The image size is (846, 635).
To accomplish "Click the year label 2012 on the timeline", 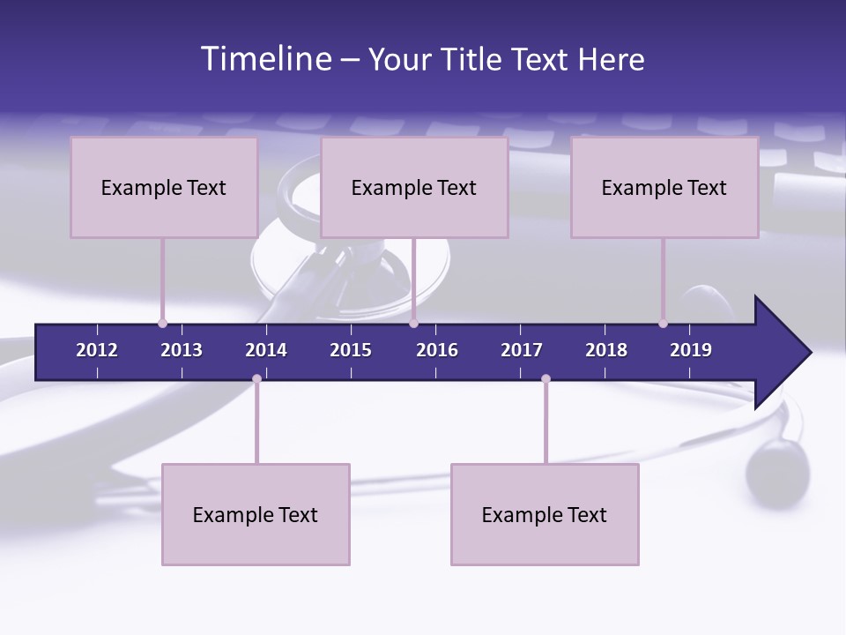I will [x=97, y=350].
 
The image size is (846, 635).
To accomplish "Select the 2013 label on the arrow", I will [x=182, y=350].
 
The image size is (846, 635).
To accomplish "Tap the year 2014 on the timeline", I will [x=266, y=350].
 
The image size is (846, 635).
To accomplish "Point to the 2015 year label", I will [x=351, y=350].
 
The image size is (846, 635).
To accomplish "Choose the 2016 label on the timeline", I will [x=437, y=350].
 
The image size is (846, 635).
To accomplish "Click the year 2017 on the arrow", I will [x=522, y=350].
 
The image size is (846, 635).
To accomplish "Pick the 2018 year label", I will [x=606, y=350].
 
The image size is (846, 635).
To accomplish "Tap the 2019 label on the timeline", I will [x=691, y=350].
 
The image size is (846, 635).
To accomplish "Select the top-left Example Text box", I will [x=164, y=187].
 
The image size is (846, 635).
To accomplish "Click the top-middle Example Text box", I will [x=414, y=187].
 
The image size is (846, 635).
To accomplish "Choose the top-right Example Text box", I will [x=664, y=187].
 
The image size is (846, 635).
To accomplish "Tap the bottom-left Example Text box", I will [x=256, y=514].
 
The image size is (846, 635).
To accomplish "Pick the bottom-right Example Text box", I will [x=545, y=514].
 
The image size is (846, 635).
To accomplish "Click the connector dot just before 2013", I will [x=162, y=324].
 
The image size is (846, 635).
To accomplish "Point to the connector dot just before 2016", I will [x=413, y=324].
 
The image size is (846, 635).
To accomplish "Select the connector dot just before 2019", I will [x=663, y=324].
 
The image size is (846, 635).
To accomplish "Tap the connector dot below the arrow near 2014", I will [x=256, y=378].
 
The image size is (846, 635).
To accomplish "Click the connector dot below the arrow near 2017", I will [x=545, y=378].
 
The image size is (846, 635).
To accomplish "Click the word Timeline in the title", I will [x=265, y=59].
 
